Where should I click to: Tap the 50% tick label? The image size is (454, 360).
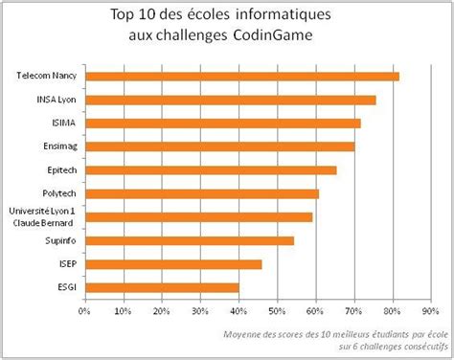pos(277,310)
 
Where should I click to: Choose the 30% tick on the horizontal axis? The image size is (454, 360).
pos(200,310)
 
